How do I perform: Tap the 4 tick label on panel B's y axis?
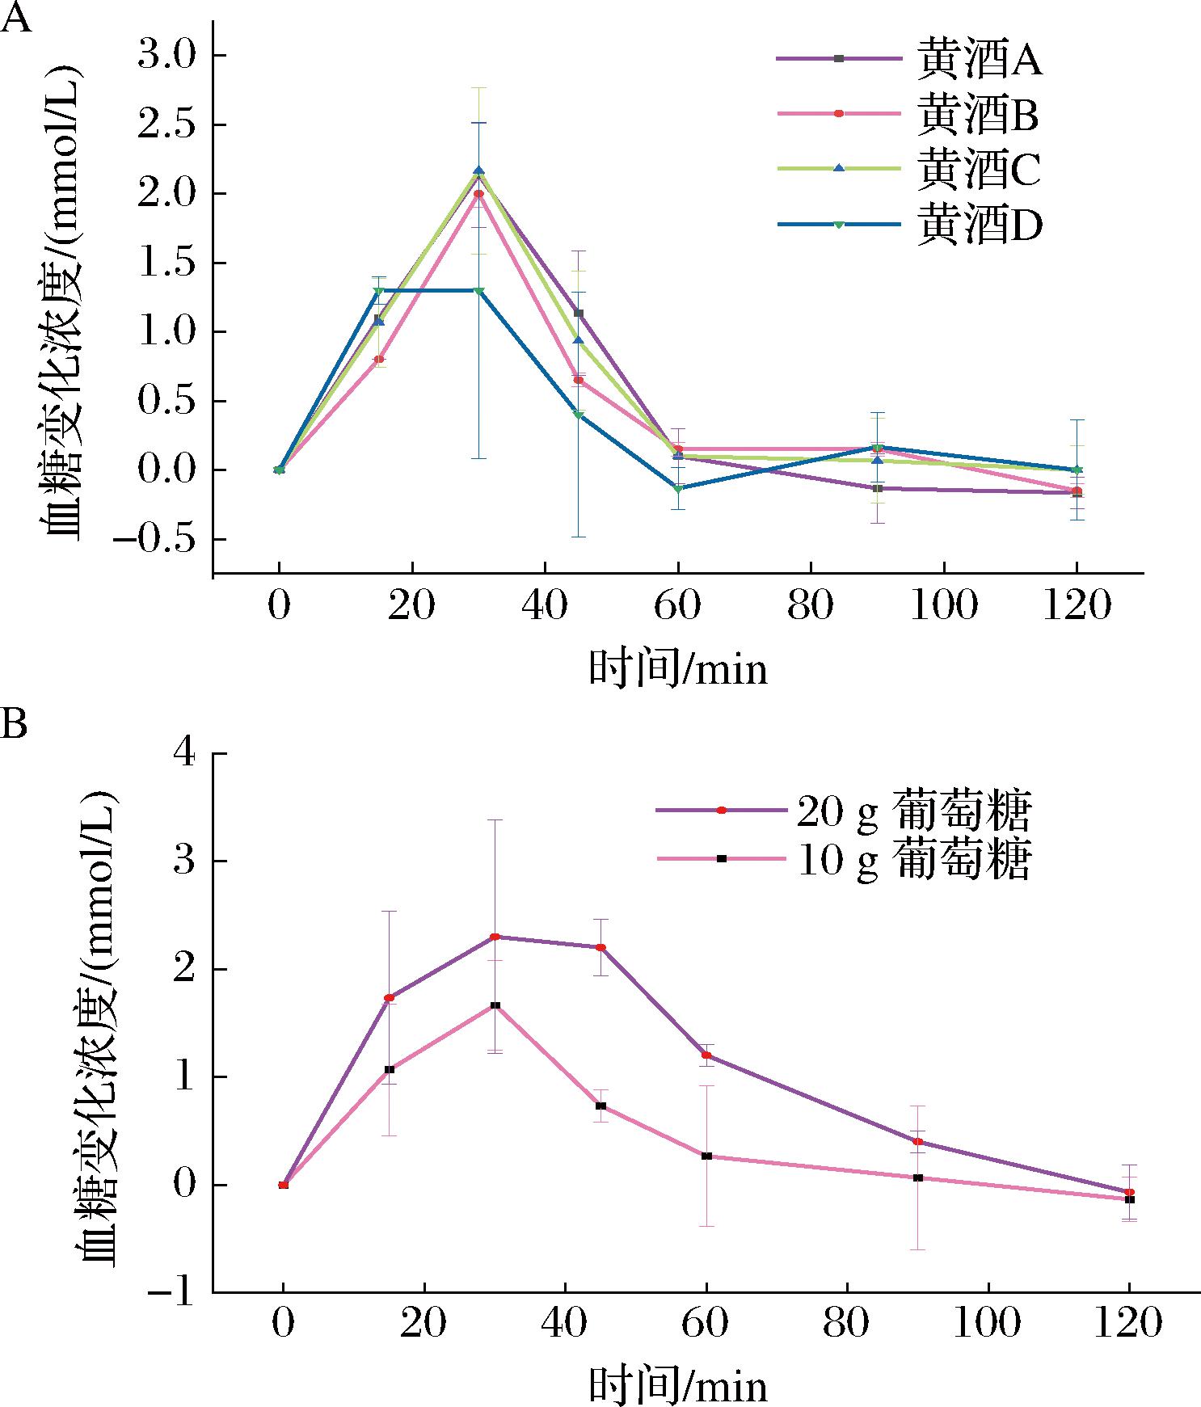(185, 754)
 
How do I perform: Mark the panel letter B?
(14, 723)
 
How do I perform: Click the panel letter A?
(15, 18)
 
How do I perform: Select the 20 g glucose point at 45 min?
(600, 947)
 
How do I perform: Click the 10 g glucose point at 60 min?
(706, 1156)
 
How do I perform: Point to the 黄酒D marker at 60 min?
(678, 489)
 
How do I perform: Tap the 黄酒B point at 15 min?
(379, 359)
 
